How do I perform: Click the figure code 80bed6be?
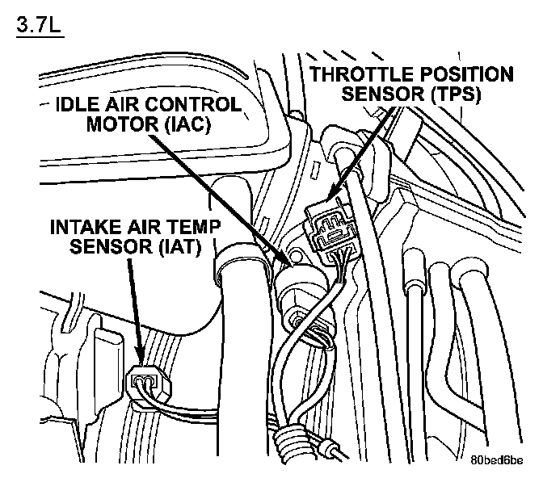(x=495, y=461)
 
